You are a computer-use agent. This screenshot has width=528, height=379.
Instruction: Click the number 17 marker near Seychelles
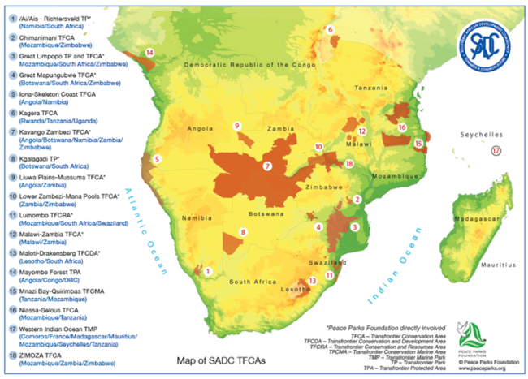496,151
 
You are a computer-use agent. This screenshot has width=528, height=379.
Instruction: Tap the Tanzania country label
370,90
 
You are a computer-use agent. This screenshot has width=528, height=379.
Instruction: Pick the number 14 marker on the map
149,53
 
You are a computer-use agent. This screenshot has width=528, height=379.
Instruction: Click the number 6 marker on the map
331,30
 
